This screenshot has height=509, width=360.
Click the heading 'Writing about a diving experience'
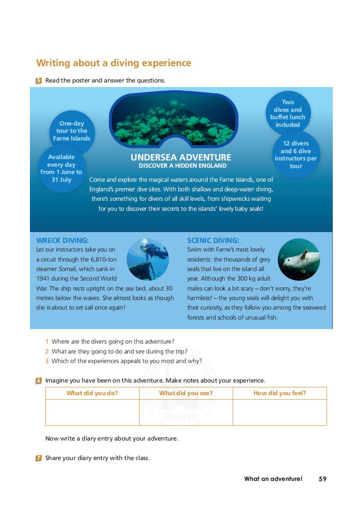113,63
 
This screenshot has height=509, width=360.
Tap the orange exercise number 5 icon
39,81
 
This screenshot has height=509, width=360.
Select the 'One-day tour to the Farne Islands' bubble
72,131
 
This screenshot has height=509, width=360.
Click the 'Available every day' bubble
61,168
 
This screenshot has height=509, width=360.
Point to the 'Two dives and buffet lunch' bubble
288,113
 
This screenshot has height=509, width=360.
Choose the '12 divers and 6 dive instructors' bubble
296,155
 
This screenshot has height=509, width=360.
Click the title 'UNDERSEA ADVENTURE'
181,157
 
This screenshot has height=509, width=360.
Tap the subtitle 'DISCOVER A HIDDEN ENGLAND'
182,166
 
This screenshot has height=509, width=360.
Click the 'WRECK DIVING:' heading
62,240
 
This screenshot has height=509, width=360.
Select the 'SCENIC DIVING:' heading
213,240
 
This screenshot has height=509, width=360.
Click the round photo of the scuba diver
148,260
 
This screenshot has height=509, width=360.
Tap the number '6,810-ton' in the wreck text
103,259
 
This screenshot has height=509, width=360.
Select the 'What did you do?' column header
92,393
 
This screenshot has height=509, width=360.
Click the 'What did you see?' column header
186,393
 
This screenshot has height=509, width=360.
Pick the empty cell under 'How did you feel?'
280,412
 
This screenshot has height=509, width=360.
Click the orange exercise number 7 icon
39,458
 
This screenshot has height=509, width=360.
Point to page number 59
322,479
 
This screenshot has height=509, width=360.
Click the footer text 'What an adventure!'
273,479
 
